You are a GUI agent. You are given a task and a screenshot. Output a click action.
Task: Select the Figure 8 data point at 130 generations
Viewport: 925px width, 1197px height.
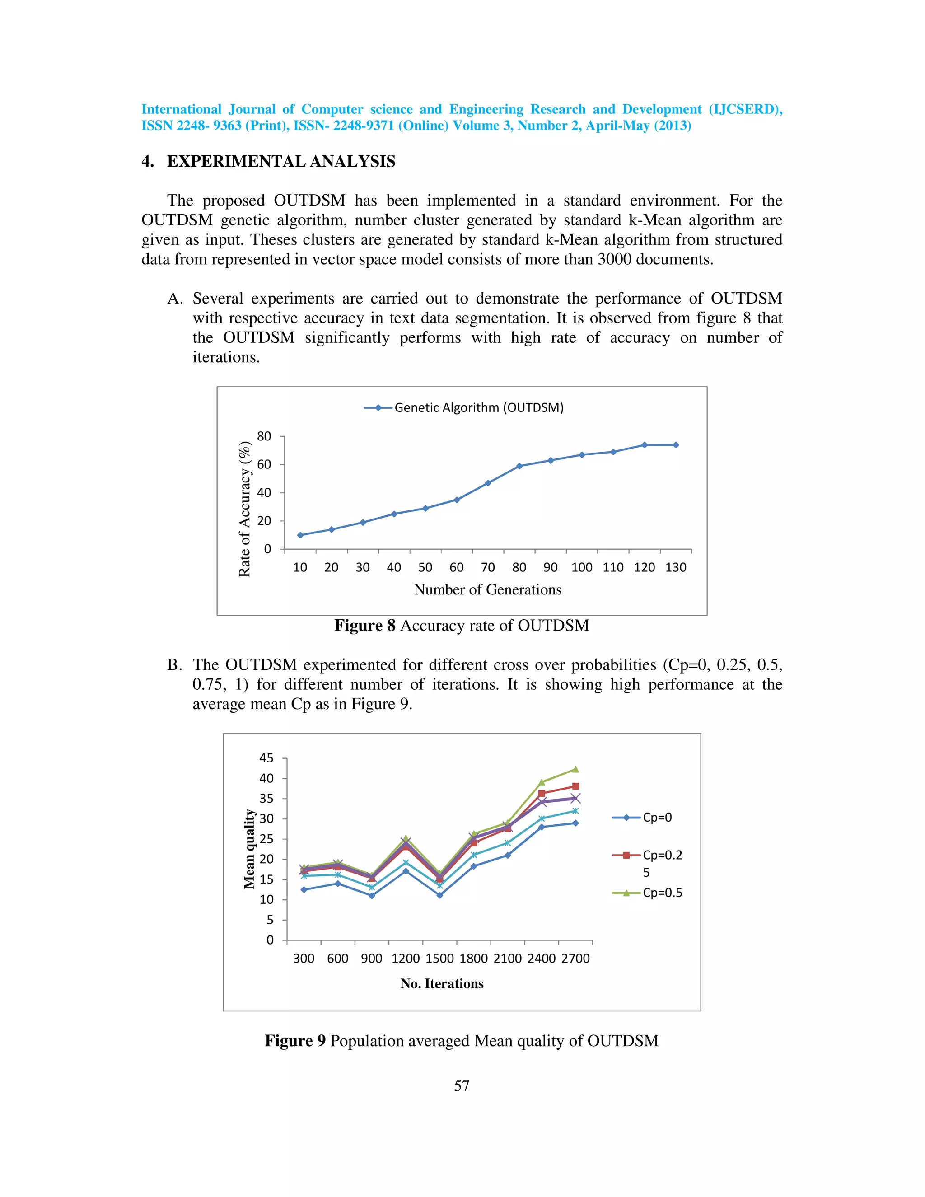676,445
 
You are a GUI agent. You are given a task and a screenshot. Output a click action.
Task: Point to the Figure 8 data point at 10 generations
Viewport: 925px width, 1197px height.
300,535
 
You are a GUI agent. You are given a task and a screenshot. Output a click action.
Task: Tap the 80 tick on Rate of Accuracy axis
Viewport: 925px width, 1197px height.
264,436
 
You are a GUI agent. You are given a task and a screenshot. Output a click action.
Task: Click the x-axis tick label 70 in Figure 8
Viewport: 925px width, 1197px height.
488,567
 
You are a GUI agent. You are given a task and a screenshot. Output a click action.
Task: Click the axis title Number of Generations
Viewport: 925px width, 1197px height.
488,590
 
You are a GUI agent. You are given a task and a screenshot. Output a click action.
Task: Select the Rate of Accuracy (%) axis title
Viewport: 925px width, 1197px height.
244,509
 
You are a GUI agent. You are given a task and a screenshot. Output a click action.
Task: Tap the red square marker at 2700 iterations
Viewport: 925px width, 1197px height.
575,786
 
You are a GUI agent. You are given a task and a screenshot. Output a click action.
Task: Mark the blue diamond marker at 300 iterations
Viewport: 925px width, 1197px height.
304,889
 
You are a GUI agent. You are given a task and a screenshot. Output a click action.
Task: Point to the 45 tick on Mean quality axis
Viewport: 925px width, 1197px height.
266,758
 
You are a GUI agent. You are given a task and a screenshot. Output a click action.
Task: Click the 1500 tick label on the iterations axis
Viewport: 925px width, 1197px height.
439,959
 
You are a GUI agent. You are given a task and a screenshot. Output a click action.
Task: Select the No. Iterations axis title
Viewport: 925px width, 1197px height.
442,984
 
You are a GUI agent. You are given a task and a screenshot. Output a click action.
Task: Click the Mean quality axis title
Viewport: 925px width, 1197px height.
249,848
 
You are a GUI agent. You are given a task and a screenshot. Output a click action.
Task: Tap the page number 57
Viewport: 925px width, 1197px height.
462,1086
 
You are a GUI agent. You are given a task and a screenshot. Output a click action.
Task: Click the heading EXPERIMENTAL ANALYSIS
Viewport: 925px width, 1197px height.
281,161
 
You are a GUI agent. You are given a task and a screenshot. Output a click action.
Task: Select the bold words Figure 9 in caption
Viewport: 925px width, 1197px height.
295,1041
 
